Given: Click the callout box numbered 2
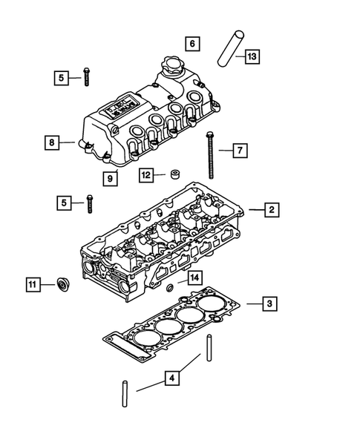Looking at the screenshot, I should click(x=272, y=210).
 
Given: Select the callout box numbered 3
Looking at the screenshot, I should click(x=272, y=303).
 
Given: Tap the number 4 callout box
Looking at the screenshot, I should click(x=171, y=379).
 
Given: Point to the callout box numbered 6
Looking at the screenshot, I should click(x=192, y=45).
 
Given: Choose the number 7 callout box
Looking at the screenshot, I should click(x=240, y=151).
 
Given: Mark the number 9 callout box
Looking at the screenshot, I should click(x=110, y=177).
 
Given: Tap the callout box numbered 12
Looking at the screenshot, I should click(x=146, y=175).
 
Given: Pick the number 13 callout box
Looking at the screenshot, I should click(x=253, y=56).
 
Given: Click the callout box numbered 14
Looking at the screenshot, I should click(x=194, y=277).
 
